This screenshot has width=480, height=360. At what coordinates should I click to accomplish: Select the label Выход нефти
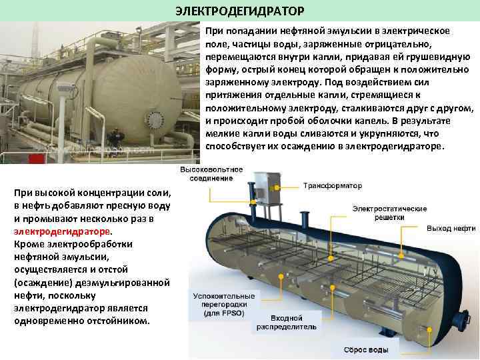click(451, 228)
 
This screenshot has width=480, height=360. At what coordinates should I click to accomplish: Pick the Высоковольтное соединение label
click(211, 174)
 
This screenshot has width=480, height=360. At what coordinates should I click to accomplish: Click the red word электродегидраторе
click(62, 231)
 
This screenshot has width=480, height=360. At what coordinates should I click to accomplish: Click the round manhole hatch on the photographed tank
click(155, 121)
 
